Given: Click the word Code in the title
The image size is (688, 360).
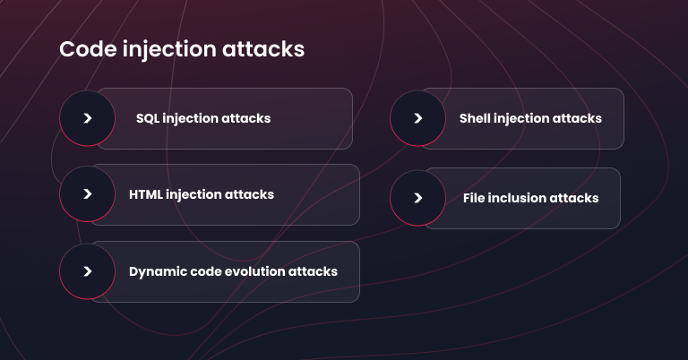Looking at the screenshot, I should [x=85, y=49].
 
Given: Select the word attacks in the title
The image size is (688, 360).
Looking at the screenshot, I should [x=265, y=49].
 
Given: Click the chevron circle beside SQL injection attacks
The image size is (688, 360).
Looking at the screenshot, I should [x=87, y=118].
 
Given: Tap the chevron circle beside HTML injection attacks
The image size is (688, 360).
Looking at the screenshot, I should [x=87, y=193].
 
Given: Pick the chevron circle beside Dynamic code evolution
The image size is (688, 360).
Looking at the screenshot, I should [x=87, y=271].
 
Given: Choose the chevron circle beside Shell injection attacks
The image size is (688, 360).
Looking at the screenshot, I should [x=417, y=118].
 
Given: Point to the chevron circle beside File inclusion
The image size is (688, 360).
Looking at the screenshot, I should [x=417, y=197].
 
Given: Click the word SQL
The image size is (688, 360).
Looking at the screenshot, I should [x=149, y=118].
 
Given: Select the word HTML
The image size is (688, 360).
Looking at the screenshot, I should [x=146, y=194].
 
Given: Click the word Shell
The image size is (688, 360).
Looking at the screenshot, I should [x=475, y=118].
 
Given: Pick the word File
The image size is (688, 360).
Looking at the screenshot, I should [x=475, y=198].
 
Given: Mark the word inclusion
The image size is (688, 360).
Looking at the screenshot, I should [x=517, y=198].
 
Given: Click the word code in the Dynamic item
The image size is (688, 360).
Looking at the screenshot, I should [x=203, y=271].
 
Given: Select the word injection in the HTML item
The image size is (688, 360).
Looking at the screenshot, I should [x=196, y=194].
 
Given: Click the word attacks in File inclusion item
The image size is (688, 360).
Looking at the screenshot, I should [x=574, y=198].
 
